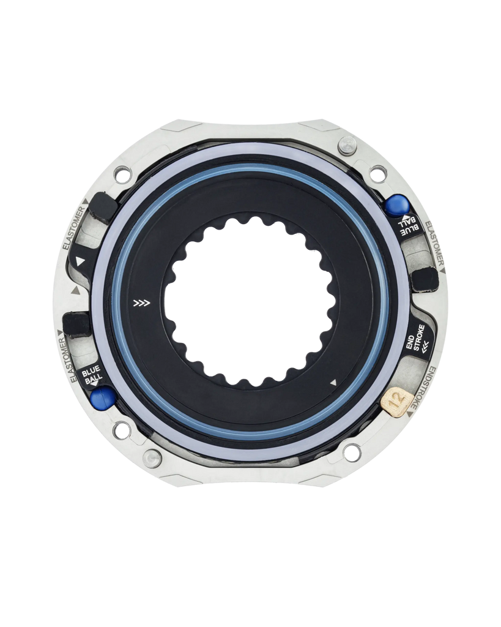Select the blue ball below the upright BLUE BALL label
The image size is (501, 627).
(x=102, y=398)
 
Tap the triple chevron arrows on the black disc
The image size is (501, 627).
(x=142, y=302)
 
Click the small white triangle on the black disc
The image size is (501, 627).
(x=333, y=383)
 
